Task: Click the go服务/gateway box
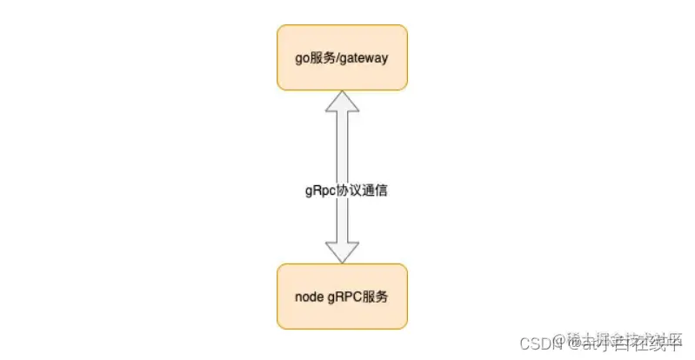[x=342, y=57]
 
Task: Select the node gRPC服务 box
[x=342, y=296]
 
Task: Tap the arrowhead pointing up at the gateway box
[x=342, y=102]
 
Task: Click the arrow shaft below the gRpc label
[x=342, y=222]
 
